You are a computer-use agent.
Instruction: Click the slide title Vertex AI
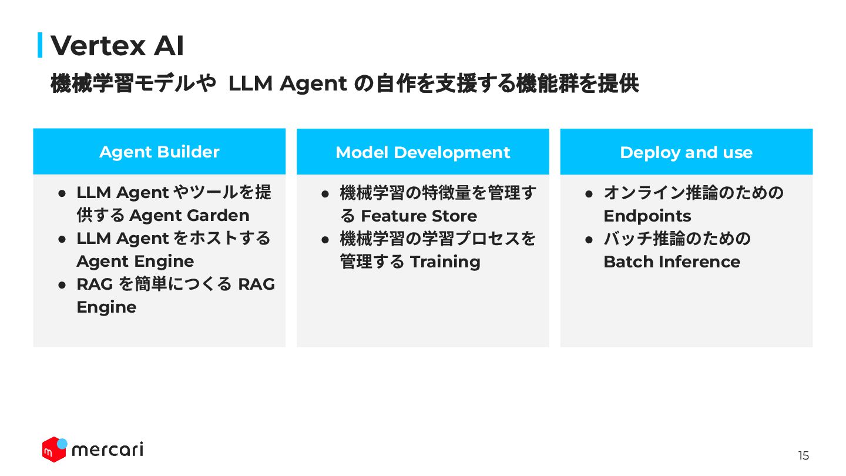click(117, 46)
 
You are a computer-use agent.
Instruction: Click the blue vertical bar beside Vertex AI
click(40, 45)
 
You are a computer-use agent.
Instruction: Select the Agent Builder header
click(159, 152)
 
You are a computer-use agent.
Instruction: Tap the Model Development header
click(422, 152)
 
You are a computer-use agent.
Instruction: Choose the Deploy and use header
click(686, 152)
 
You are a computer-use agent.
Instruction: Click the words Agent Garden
click(189, 216)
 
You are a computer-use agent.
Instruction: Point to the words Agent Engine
click(135, 262)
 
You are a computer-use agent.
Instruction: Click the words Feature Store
click(418, 216)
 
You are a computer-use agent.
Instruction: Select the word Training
click(445, 262)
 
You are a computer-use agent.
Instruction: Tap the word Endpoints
click(647, 216)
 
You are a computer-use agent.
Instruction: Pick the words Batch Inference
click(672, 262)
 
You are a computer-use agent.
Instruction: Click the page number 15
click(803, 455)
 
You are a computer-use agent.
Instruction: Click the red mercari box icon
click(54, 450)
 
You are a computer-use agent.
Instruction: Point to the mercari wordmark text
click(107, 450)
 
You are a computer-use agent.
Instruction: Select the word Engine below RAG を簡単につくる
click(106, 307)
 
